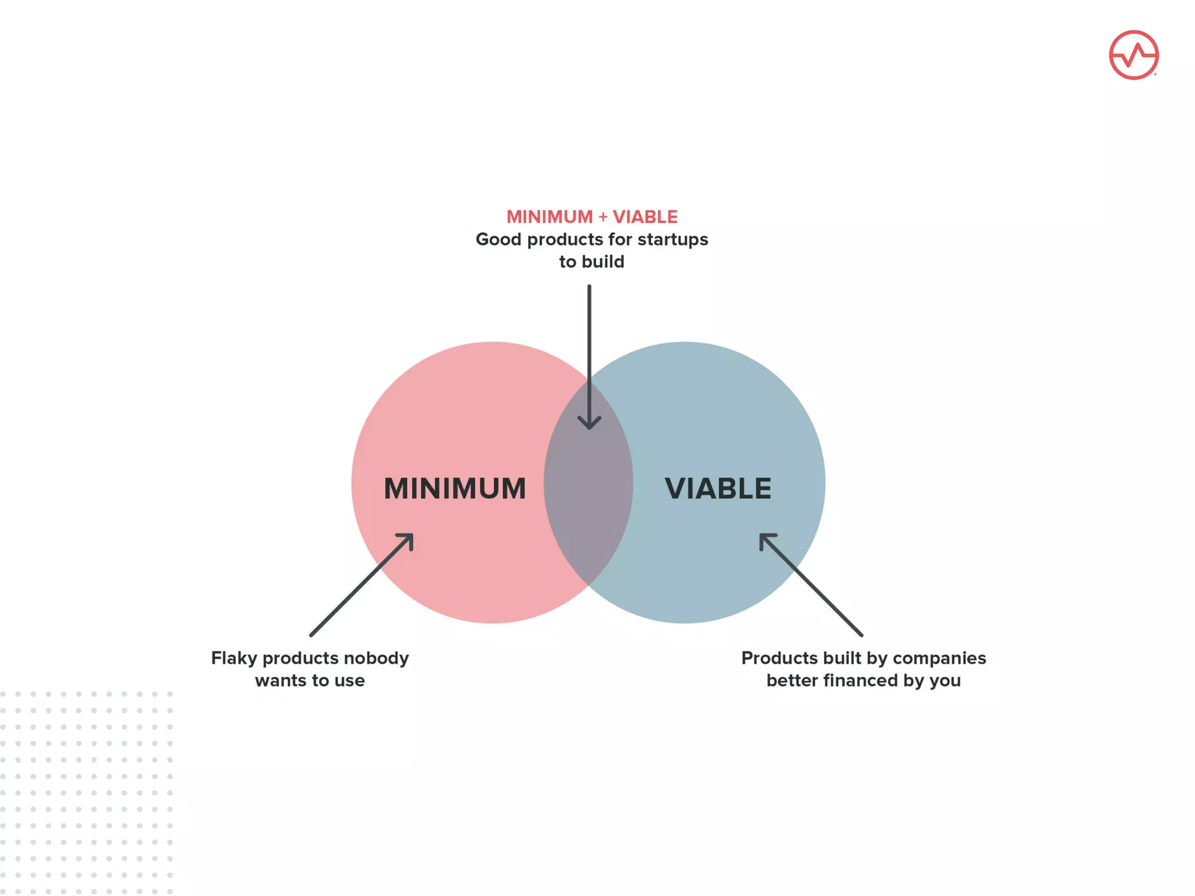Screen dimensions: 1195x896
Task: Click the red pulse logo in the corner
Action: click(1133, 55)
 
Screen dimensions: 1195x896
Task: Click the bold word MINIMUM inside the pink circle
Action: click(455, 489)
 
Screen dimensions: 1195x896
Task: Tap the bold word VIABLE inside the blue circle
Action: click(718, 489)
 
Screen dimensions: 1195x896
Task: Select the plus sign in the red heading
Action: click(603, 217)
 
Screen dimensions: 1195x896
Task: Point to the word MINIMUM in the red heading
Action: click(549, 217)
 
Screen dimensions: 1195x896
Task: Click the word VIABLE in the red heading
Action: click(645, 217)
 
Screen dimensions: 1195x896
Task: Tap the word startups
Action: click(672, 240)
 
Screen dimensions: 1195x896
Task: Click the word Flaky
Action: click(234, 659)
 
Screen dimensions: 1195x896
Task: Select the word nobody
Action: click(376, 659)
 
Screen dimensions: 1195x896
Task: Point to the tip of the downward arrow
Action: click(589, 427)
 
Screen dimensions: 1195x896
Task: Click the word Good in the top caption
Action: click(498, 240)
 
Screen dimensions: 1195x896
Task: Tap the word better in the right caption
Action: click(792, 681)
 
